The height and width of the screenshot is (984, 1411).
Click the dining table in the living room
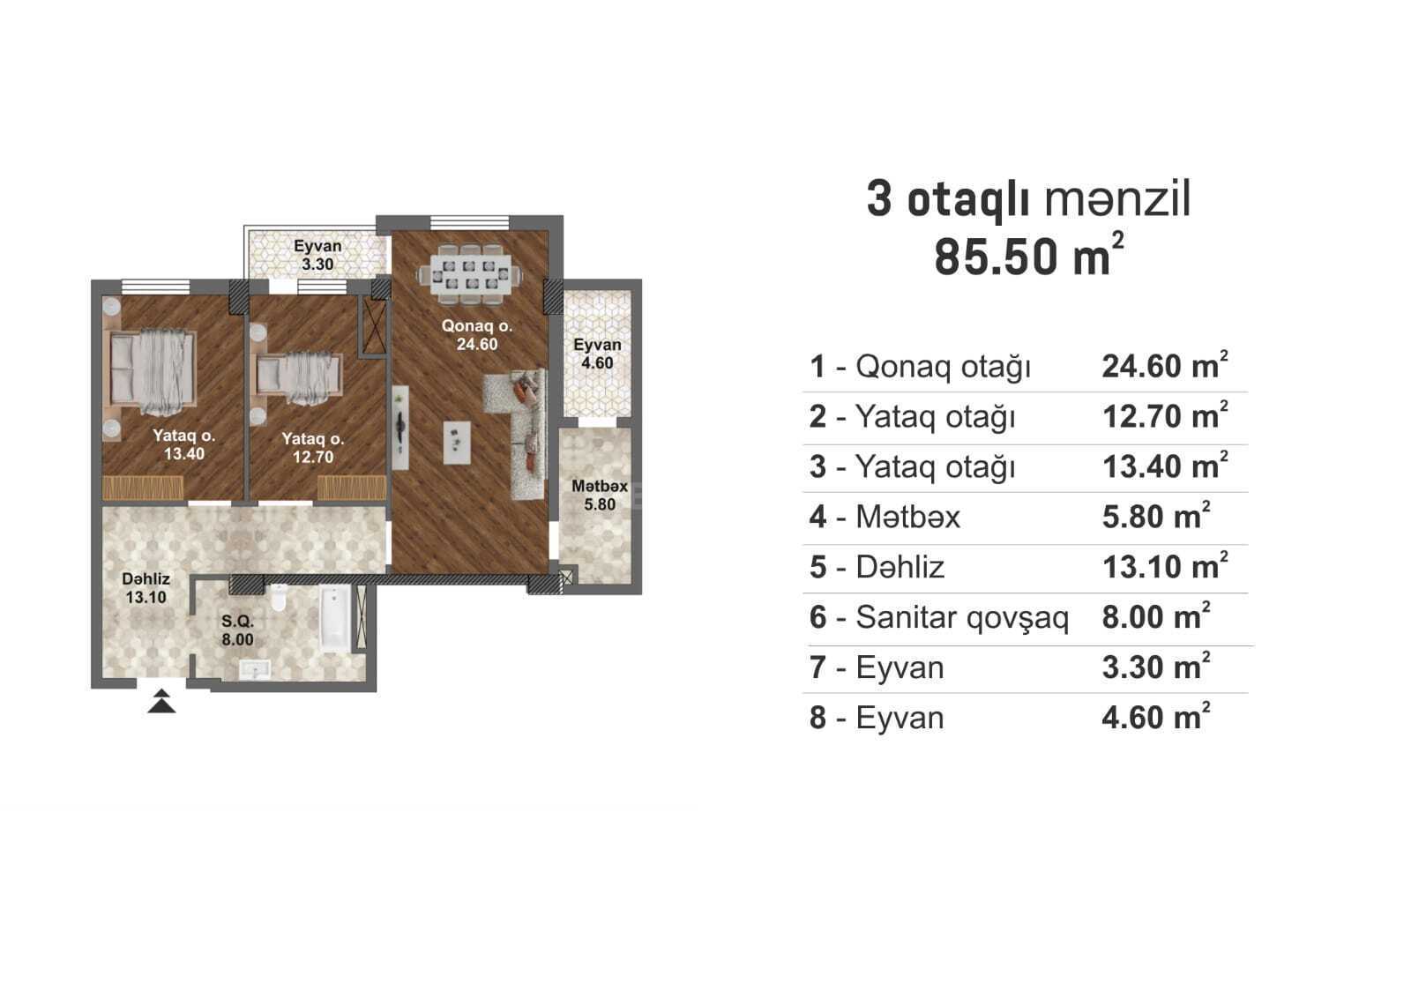tap(470, 275)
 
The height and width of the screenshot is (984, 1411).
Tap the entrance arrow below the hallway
tap(162, 701)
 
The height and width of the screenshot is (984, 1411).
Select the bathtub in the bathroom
tap(336, 620)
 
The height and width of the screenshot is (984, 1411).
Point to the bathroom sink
tap(255, 669)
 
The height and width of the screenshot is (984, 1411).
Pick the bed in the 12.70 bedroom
tap(296, 378)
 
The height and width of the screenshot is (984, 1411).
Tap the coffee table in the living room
tap(457, 443)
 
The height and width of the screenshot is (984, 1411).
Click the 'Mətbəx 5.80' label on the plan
tap(600, 496)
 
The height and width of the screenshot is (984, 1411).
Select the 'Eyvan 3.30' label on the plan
tap(317, 255)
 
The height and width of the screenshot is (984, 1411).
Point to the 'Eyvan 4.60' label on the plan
tap(597, 354)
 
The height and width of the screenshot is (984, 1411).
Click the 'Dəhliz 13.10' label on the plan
tap(146, 588)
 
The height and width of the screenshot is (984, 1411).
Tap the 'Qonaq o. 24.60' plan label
tap(477, 334)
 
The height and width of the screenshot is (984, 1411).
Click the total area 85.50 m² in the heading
tap(1028, 255)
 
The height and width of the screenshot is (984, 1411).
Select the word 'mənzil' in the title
tap(1117, 199)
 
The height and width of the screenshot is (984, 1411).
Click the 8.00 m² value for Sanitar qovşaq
tap(1156, 616)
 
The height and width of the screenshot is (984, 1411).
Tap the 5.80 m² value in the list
tap(1156, 516)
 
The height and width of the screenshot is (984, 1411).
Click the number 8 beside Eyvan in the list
tap(817, 718)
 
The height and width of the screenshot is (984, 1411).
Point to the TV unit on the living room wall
tap(400, 428)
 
